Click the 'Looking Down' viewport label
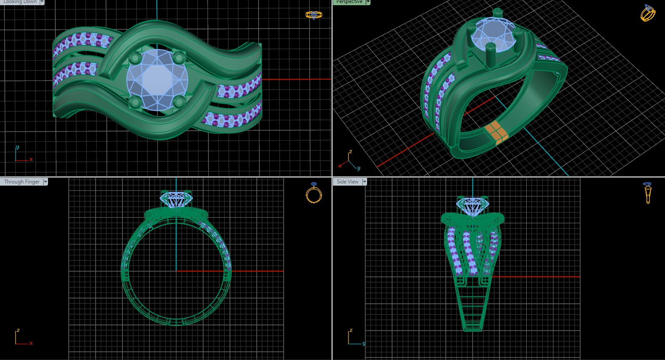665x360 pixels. tap(20, 2)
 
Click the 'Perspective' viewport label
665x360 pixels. tap(349, 2)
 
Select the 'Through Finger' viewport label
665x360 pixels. tap(22, 182)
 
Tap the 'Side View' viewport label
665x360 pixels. tap(347, 182)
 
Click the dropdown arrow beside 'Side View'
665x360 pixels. tap(364, 182)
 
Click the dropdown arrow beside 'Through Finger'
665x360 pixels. tap(45, 182)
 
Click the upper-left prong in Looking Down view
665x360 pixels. tap(135, 58)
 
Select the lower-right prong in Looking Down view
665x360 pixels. tap(178, 102)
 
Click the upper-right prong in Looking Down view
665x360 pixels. tap(179, 57)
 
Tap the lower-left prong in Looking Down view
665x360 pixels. tap(135, 102)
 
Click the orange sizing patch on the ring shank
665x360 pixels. tap(496, 132)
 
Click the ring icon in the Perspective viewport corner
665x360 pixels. tap(648, 13)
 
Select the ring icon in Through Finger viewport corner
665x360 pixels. tap(313, 193)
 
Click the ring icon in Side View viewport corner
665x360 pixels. tap(647, 193)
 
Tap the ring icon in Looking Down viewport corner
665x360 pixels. tap(313, 15)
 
